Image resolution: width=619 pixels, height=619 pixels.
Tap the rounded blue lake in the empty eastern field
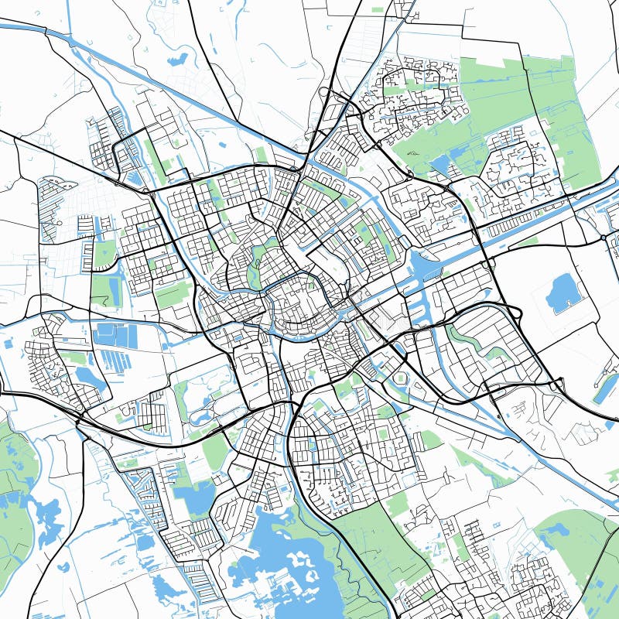pos(563,292)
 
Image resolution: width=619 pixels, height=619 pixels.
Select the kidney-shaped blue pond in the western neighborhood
pos(88,378)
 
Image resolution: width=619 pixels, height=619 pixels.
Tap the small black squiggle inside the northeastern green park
pos(411,153)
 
